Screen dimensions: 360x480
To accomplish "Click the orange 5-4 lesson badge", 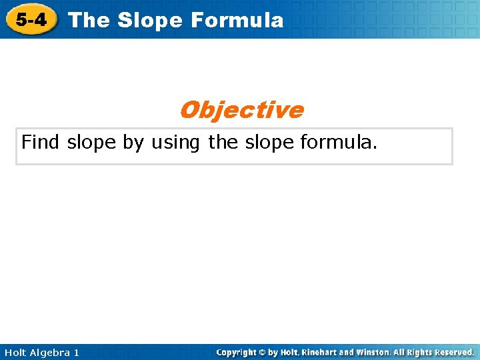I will [31, 19].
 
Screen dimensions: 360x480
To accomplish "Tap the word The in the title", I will [89, 20].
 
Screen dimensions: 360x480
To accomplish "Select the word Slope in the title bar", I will [150, 20].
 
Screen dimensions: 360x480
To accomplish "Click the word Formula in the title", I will [237, 20].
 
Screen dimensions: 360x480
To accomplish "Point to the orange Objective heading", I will [241, 109].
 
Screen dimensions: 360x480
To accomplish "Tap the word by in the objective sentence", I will [134, 142].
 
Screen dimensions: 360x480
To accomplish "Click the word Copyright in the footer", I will [237, 352].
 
